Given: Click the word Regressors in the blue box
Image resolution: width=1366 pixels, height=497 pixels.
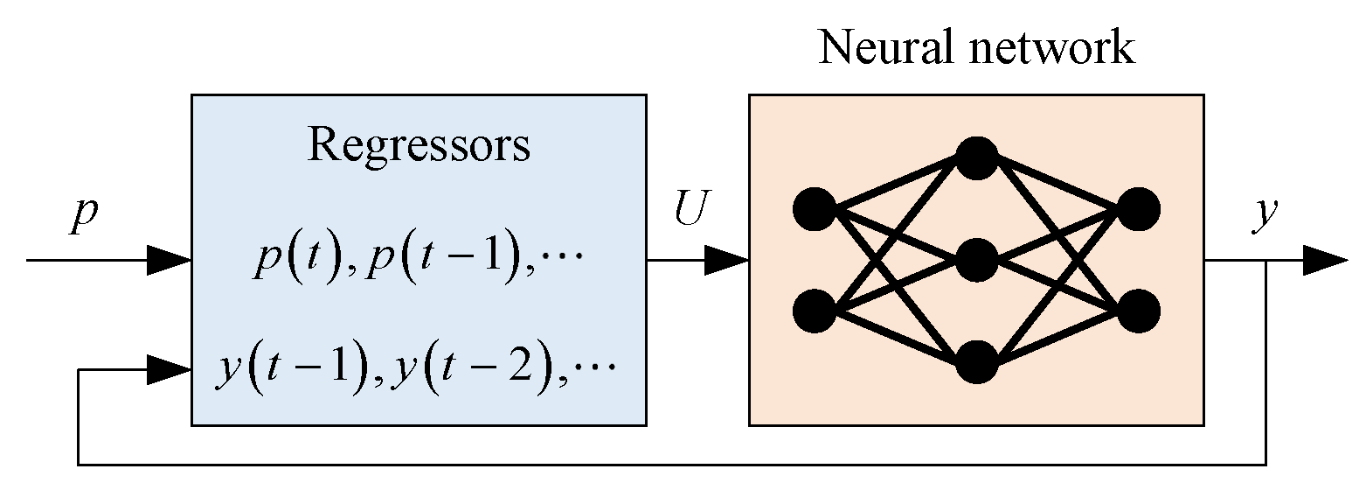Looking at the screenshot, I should pyautogui.click(x=419, y=145).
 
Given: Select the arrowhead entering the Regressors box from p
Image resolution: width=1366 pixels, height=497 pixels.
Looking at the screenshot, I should pyautogui.click(x=170, y=260).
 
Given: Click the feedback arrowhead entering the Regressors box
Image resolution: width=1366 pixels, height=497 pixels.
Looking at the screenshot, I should pyautogui.click(x=170, y=370).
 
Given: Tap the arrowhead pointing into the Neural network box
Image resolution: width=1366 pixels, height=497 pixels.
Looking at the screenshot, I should pyautogui.click(x=726, y=260).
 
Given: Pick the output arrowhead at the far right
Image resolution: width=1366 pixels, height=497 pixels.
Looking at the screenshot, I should pyautogui.click(x=1325, y=260).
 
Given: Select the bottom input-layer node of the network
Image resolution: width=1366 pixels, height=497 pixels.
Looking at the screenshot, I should pyautogui.click(x=815, y=311).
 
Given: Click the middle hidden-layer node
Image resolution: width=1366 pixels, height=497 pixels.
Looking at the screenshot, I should pyautogui.click(x=976, y=260).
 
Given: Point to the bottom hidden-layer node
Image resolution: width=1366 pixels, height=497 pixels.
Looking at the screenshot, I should pyautogui.click(x=976, y=362).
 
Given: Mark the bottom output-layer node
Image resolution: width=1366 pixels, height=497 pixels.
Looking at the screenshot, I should pyautogui.click(x=1138, y=311).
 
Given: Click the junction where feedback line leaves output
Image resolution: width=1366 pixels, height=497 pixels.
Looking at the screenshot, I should pyautogui.click(x=1265, y=261).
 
